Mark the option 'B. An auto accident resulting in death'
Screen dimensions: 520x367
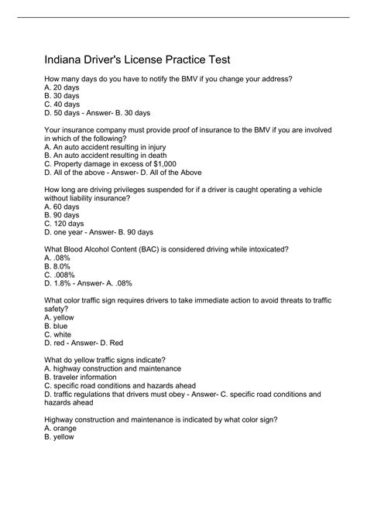coord(104,155)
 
